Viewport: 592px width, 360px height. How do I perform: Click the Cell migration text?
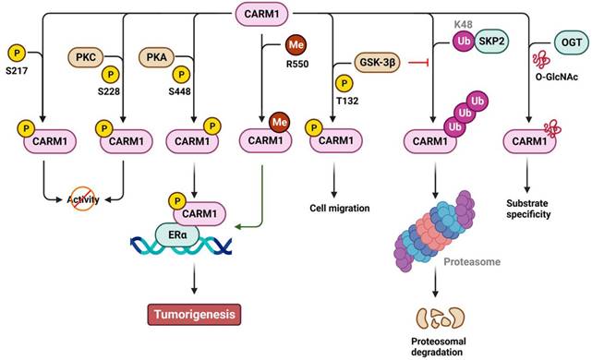(339, 209)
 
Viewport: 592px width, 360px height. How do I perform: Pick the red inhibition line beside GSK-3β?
(428, 65)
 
